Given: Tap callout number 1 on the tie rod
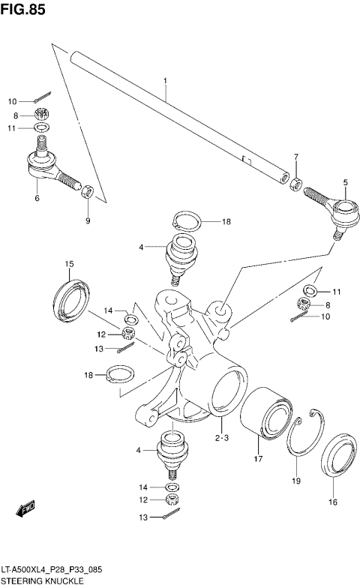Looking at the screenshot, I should point(165,79).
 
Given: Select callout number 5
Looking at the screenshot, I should point(345,182).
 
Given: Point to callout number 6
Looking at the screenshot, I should point(36,198).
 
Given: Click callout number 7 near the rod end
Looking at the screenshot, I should point(296,157).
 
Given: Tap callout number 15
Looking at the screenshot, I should point(68,263).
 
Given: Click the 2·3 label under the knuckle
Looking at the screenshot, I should point(221,437).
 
